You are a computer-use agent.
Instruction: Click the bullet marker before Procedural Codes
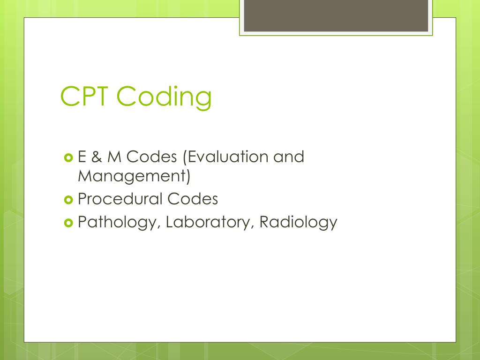coord(67,200)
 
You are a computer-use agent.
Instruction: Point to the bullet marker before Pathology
coord(67,223)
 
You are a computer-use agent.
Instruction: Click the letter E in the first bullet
coord(82,157)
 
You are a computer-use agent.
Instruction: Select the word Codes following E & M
coord(151,157)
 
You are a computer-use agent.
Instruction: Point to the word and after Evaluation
coord(289,157)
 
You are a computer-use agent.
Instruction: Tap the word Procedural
coord(120,199)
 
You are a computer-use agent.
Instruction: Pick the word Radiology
coord(298,222)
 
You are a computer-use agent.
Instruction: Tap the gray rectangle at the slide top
coord(336,15)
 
